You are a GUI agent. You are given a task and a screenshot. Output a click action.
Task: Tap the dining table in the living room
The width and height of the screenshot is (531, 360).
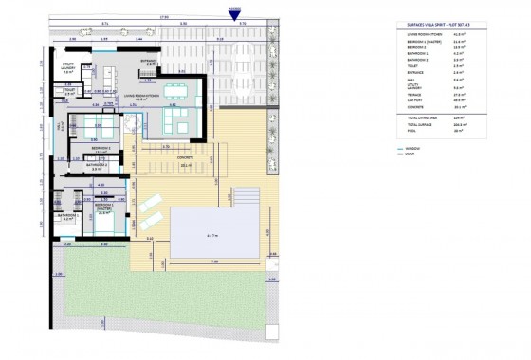pyautogui.click(x=175, y=92)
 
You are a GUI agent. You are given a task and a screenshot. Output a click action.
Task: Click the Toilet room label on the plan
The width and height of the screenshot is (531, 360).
pyautogui.click(x=69, y=93)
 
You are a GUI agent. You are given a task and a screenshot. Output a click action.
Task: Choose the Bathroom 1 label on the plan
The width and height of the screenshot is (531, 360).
pyautogui.click(x=66, y=216)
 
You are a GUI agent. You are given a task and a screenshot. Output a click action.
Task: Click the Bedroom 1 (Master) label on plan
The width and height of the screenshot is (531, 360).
pyautogui.click(x=104, y=207)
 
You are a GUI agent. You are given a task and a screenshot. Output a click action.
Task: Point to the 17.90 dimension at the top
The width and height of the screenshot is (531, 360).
pyautogui.click(x=164, y=14)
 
